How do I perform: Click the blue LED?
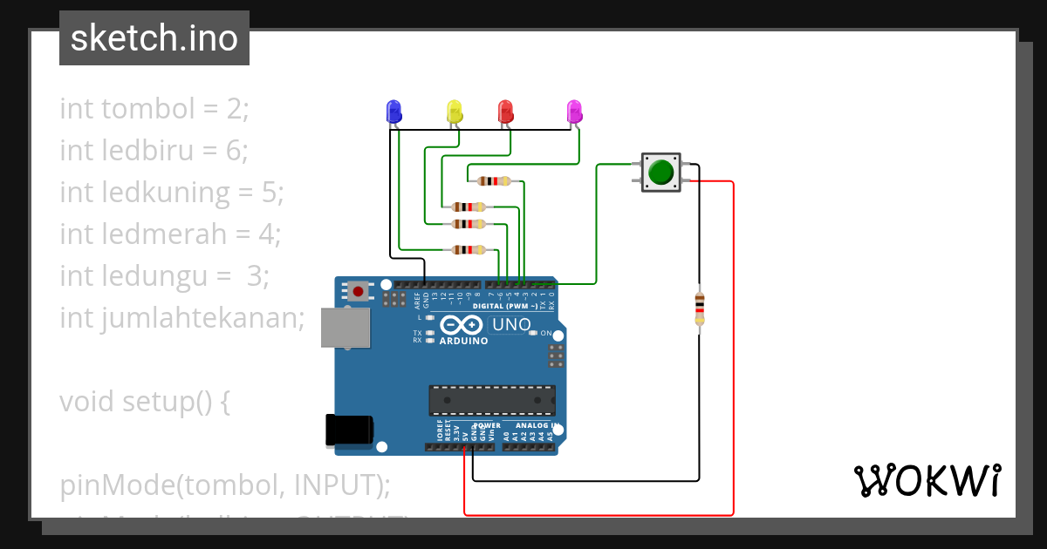393,112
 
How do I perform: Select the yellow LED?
454,112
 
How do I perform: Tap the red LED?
505,112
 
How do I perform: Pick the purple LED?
574,112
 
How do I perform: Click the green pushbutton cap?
662,172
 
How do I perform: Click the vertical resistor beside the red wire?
699,308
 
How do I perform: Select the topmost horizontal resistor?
494,181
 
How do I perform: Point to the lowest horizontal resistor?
469,250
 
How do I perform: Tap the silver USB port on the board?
345,328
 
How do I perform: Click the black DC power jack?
348,430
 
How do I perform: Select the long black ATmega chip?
491,400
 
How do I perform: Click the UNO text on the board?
511,325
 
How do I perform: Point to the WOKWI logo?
927,480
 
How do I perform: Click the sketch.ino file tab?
154,38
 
